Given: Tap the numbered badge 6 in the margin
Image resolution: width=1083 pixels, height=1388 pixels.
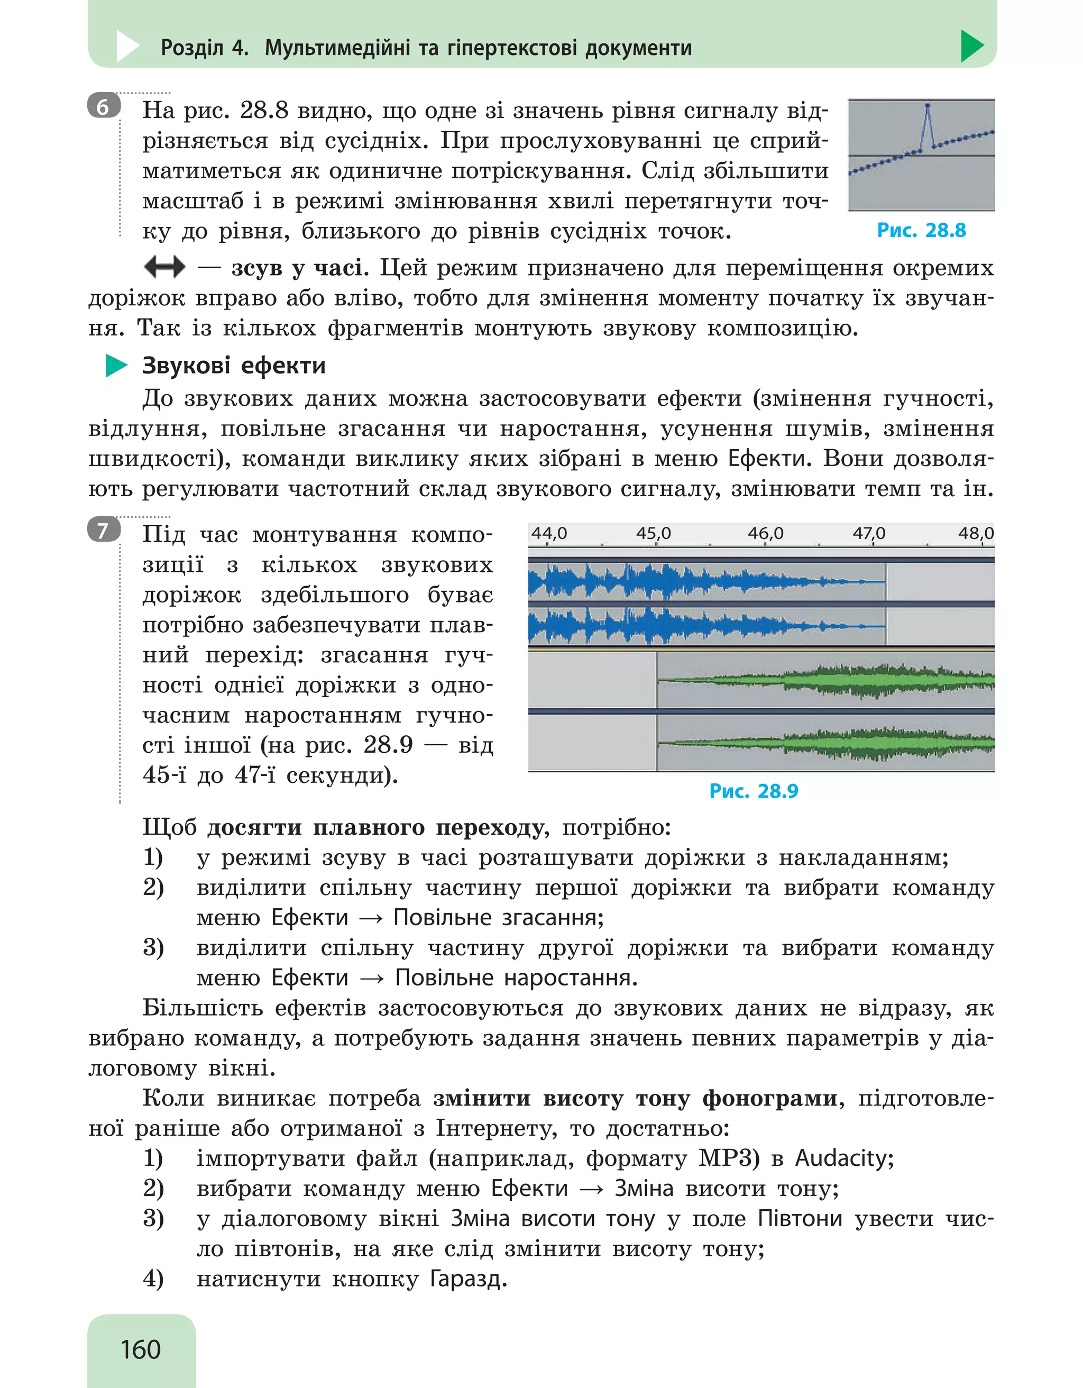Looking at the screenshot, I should click(103, 107).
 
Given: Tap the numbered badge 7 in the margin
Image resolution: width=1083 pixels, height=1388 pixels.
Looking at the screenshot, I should click(103, 529).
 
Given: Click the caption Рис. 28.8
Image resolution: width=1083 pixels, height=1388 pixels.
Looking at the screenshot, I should click(921, 230).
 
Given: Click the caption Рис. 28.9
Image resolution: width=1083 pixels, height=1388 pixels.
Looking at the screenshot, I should click(754, 791).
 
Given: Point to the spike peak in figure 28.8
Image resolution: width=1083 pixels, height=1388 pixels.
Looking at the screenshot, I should click(928, 105).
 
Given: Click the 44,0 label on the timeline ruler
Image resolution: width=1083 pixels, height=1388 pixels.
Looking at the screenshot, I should click(549, 533).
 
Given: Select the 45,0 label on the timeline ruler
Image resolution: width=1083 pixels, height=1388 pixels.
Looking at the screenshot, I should click(653, 533).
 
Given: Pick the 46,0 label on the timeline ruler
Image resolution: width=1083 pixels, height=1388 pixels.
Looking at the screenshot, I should click(765, 533).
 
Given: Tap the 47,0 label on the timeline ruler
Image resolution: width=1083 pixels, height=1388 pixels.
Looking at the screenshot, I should click(869, 533).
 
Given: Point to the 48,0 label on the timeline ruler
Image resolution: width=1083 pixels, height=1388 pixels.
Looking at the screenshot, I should click(976, 533).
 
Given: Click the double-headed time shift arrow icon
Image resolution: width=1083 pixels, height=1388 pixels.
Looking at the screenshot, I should click(164, 267).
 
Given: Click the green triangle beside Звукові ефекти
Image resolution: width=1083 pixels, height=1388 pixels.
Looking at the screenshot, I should click(116, 366).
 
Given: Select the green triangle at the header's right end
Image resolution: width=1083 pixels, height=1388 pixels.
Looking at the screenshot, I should click(971, 47).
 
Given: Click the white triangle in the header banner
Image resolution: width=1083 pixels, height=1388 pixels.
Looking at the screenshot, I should click(127, 47).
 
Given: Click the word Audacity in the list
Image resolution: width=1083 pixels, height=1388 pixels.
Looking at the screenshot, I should click(844, 1158).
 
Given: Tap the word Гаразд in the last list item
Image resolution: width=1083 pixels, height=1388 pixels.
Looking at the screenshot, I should click(468, 1278).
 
